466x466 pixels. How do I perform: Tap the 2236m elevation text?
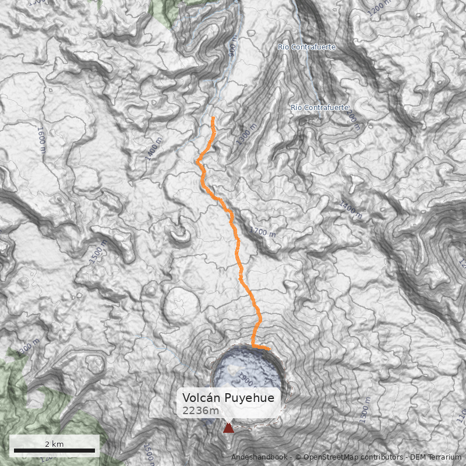(x=200, y=411)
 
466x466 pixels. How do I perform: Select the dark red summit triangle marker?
(x=228, y=428)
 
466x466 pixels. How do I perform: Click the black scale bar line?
(x=54, y=450)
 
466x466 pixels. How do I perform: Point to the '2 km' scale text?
(x=54, y=444)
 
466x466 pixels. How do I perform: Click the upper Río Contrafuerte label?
(x=306, y=47)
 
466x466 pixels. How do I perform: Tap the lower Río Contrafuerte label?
(x=319, y=108)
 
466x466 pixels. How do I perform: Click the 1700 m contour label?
(x=262, y=232)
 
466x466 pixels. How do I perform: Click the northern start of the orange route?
(x=213, y=118)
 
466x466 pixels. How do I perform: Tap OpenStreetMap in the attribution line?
(x=333, y=457)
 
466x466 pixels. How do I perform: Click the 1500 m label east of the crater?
(x=366, y=410)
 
